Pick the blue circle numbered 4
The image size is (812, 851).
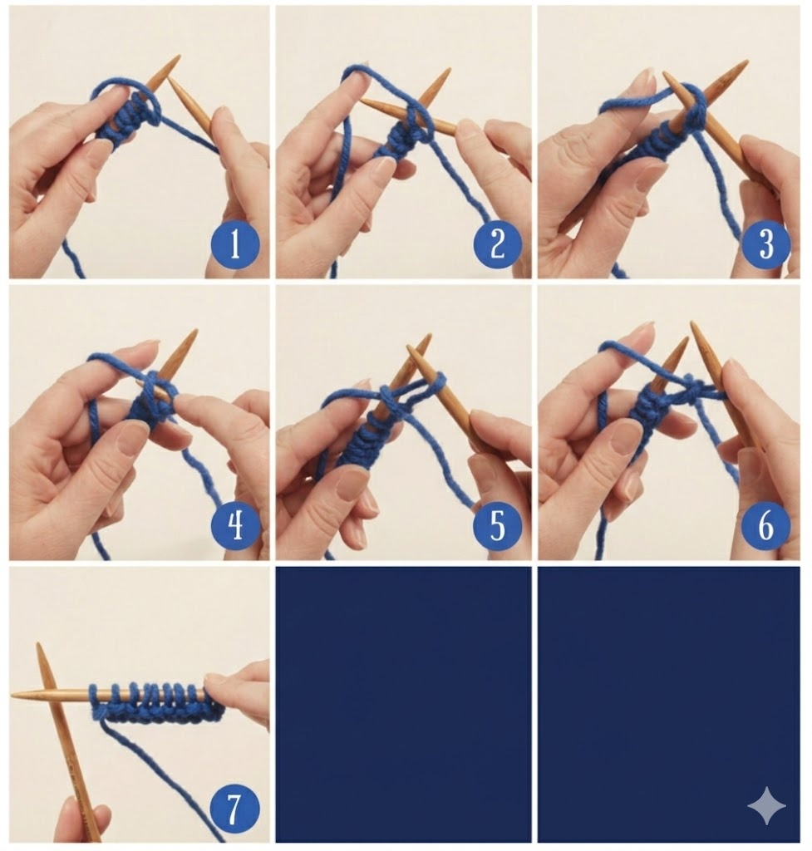pyautogui.click(x=235, y=525)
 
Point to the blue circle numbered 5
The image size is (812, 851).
pyautogui.click(x=497, y=525)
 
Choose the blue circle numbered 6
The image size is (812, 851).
pyautogui.click(x=765, y=525)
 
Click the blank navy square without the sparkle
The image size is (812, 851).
pyautogui.click(x=403, y=704)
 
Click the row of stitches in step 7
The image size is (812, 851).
pyautogui.click(x=155, y=703)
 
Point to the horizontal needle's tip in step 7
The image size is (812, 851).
pyautogui.click(x=12, y=695)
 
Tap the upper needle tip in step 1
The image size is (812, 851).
pyautogui.click(x=179, y=56)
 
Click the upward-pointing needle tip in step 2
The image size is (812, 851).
pyautogui.click(x=450, y=70)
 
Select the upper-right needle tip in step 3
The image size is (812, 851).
pyautogui.click(x=747, y=61)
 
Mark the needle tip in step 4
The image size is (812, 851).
pyautogui.click(x=195, y=331)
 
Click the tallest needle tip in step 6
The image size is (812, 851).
pyautogui.click(x=692, y=322)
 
